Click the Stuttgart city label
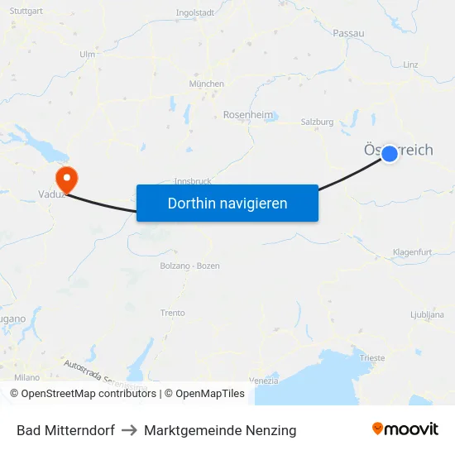pyautogui.click(x=27, y=12)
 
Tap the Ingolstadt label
pyautogui.click(x=195, y=13)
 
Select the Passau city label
pyautogui.click(x=349, y=33)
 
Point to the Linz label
pyautogui.click(x=410, y=65)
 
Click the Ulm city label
pyautogui.click(x=87, y=55)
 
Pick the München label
pyautogui.click(x=206, y=84)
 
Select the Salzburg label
pyautogui.click(x=317, y=122)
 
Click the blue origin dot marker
pyautogui.click(x=390, y=154)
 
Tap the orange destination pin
pyautogui.click(x=65, y=177)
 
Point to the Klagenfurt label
pyautogui.click(x=412, y=251)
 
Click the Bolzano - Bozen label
pyautogui.click(x=189, y=266)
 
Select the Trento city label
pyautogui.click(x=173, y=314)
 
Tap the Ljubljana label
pyautogui.click(x=427, y=315)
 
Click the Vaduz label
pyautogui.click(x=51, y=195)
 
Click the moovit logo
pyautogui.click(x=405, y=429)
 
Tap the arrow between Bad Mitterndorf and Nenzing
pyautogui.click(x=129, y=430)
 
